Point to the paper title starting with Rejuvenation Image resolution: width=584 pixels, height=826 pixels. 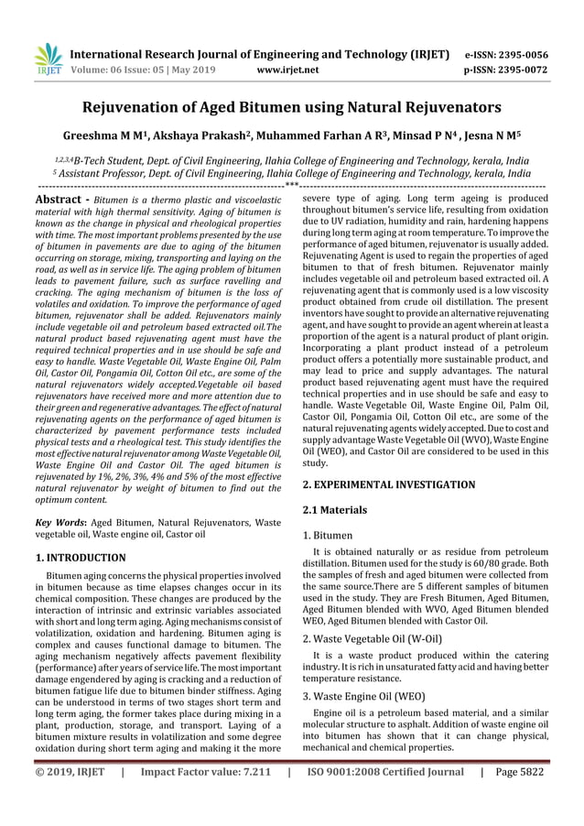(x=291, y=107)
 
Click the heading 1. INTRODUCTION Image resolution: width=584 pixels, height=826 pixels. (x=81, y=556)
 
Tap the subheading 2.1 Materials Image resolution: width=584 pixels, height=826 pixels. (x=335, y=508)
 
